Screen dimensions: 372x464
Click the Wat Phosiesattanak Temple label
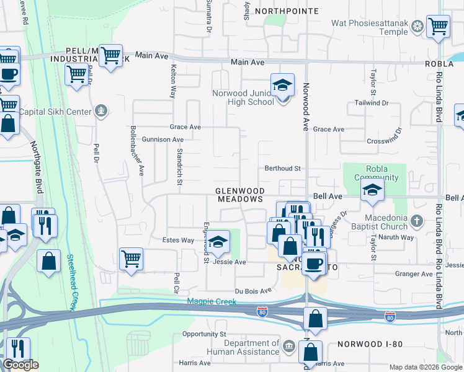(370, 27)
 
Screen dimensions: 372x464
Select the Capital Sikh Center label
(55, 112)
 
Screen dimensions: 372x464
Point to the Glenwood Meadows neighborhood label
(240, 195)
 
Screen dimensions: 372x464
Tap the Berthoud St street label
(282, 168)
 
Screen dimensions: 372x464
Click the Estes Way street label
(178, 240)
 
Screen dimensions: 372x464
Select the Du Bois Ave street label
(253, 290)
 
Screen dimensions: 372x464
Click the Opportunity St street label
(203, 334)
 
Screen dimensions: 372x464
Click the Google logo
(20, 365)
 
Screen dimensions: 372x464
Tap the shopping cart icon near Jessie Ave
(131, 259)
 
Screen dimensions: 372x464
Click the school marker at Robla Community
(372, 190)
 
